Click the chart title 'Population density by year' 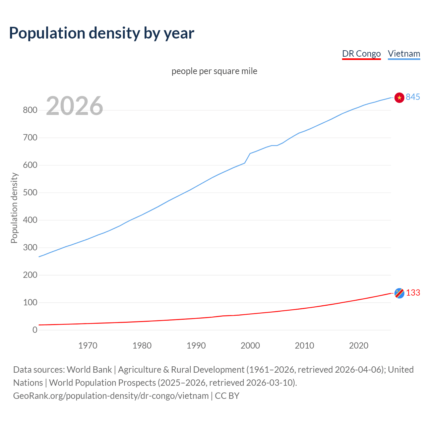[x=102, y=33]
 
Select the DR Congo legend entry [x=361, y=54]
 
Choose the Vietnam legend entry [x=404, y=54]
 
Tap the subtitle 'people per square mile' [x=214, y=71]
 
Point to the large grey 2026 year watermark [x=74, y=106]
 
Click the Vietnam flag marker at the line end [x=399, y=98]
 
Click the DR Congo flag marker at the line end [x=399, y=293]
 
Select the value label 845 [x=413, y=97]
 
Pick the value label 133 [x=413, y=293]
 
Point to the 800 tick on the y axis [x=30, y=110]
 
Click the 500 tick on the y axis [x=30, y=193]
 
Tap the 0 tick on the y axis [x=35, y=330]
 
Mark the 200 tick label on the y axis [x=30, y=275]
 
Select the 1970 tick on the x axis [x=88, y=346]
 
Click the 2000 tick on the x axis [x=250, y=346]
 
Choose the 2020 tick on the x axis [x=359, y=346]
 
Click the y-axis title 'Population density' [x=14, y=208]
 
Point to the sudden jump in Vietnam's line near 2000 [x=247, y=158]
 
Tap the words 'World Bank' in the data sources [x=89, y=370]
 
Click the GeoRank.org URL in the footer [x=111, y=396]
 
